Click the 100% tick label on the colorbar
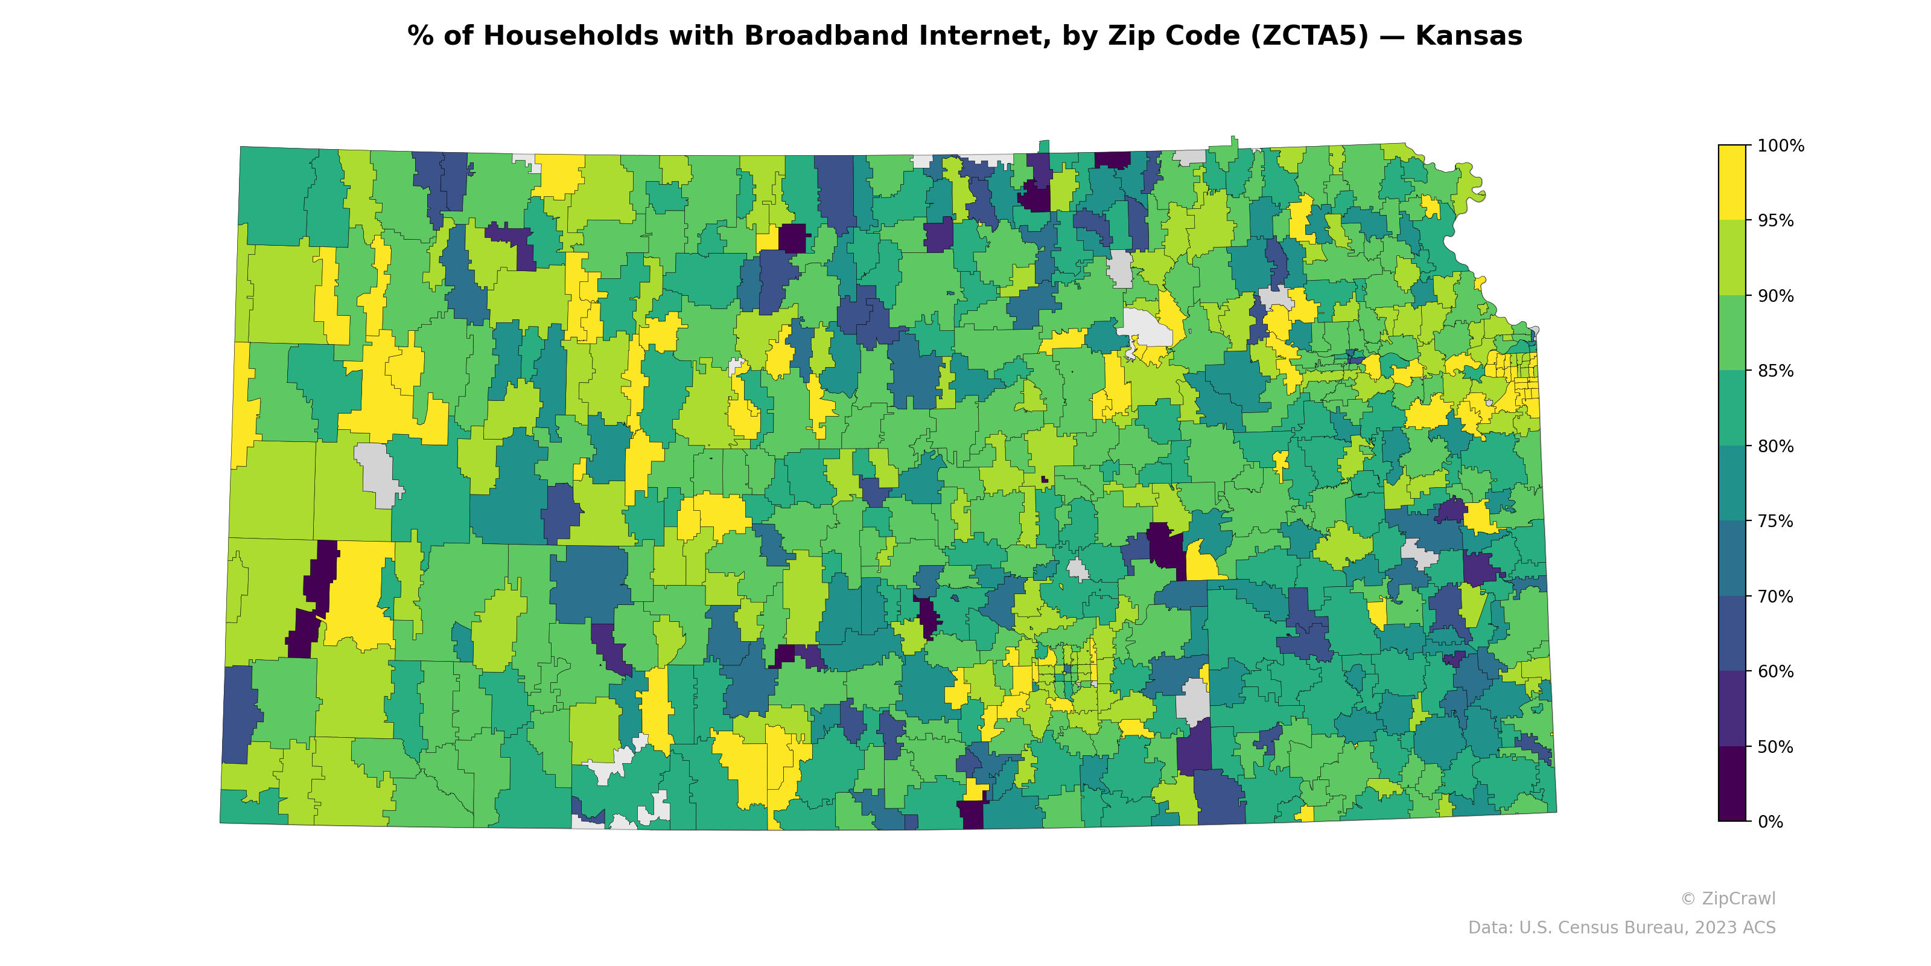pos(1780,146)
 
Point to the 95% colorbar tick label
pos(1776,220)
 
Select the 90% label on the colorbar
pos(1776,295)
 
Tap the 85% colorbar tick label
pos(1776,371)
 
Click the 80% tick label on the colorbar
pos(1776,446)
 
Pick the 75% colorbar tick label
pos(1776,521)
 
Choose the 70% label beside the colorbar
pos(1776,597)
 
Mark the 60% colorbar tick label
pos(1776,671)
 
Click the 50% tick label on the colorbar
pos(1776,747)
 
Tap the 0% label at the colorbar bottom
pos(1770,822)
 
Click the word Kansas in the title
pos(1469,36)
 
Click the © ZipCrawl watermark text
pos(1728,898)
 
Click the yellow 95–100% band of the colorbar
pos(1732,182)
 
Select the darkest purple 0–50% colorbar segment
pos(1732,784)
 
